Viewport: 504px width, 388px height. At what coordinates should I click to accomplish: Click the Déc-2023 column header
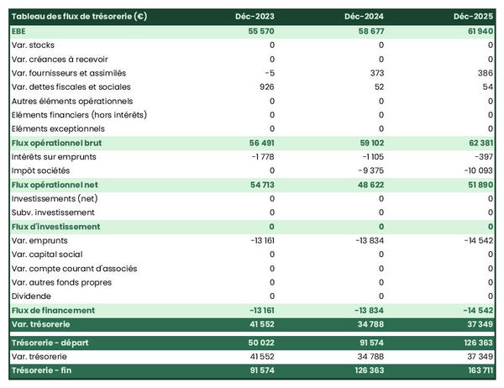[256, 16]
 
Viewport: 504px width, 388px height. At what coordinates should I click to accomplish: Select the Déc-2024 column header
[365, 16]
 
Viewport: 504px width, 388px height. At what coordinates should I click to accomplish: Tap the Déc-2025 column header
[474, 16]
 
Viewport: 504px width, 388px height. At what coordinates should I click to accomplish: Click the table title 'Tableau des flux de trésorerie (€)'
[81, 16]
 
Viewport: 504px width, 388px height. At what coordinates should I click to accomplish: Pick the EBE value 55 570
[259, 30]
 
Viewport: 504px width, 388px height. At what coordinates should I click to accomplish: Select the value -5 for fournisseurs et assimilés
[269, 72]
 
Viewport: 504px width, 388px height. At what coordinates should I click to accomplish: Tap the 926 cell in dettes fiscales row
[267, 87]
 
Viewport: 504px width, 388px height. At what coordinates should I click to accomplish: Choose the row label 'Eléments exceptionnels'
[58, 128]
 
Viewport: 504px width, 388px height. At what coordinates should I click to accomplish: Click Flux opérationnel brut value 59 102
[368, 143]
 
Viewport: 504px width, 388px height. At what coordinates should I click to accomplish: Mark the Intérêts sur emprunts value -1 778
[262, 156]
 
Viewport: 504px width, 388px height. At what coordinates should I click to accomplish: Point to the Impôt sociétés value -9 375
[370, 170]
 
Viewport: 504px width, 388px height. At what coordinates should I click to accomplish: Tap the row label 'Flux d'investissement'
[55, 227]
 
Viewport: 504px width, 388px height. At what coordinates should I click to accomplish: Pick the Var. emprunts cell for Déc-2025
[476, 241]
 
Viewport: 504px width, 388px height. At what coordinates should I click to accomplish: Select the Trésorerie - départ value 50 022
[259, 343]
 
